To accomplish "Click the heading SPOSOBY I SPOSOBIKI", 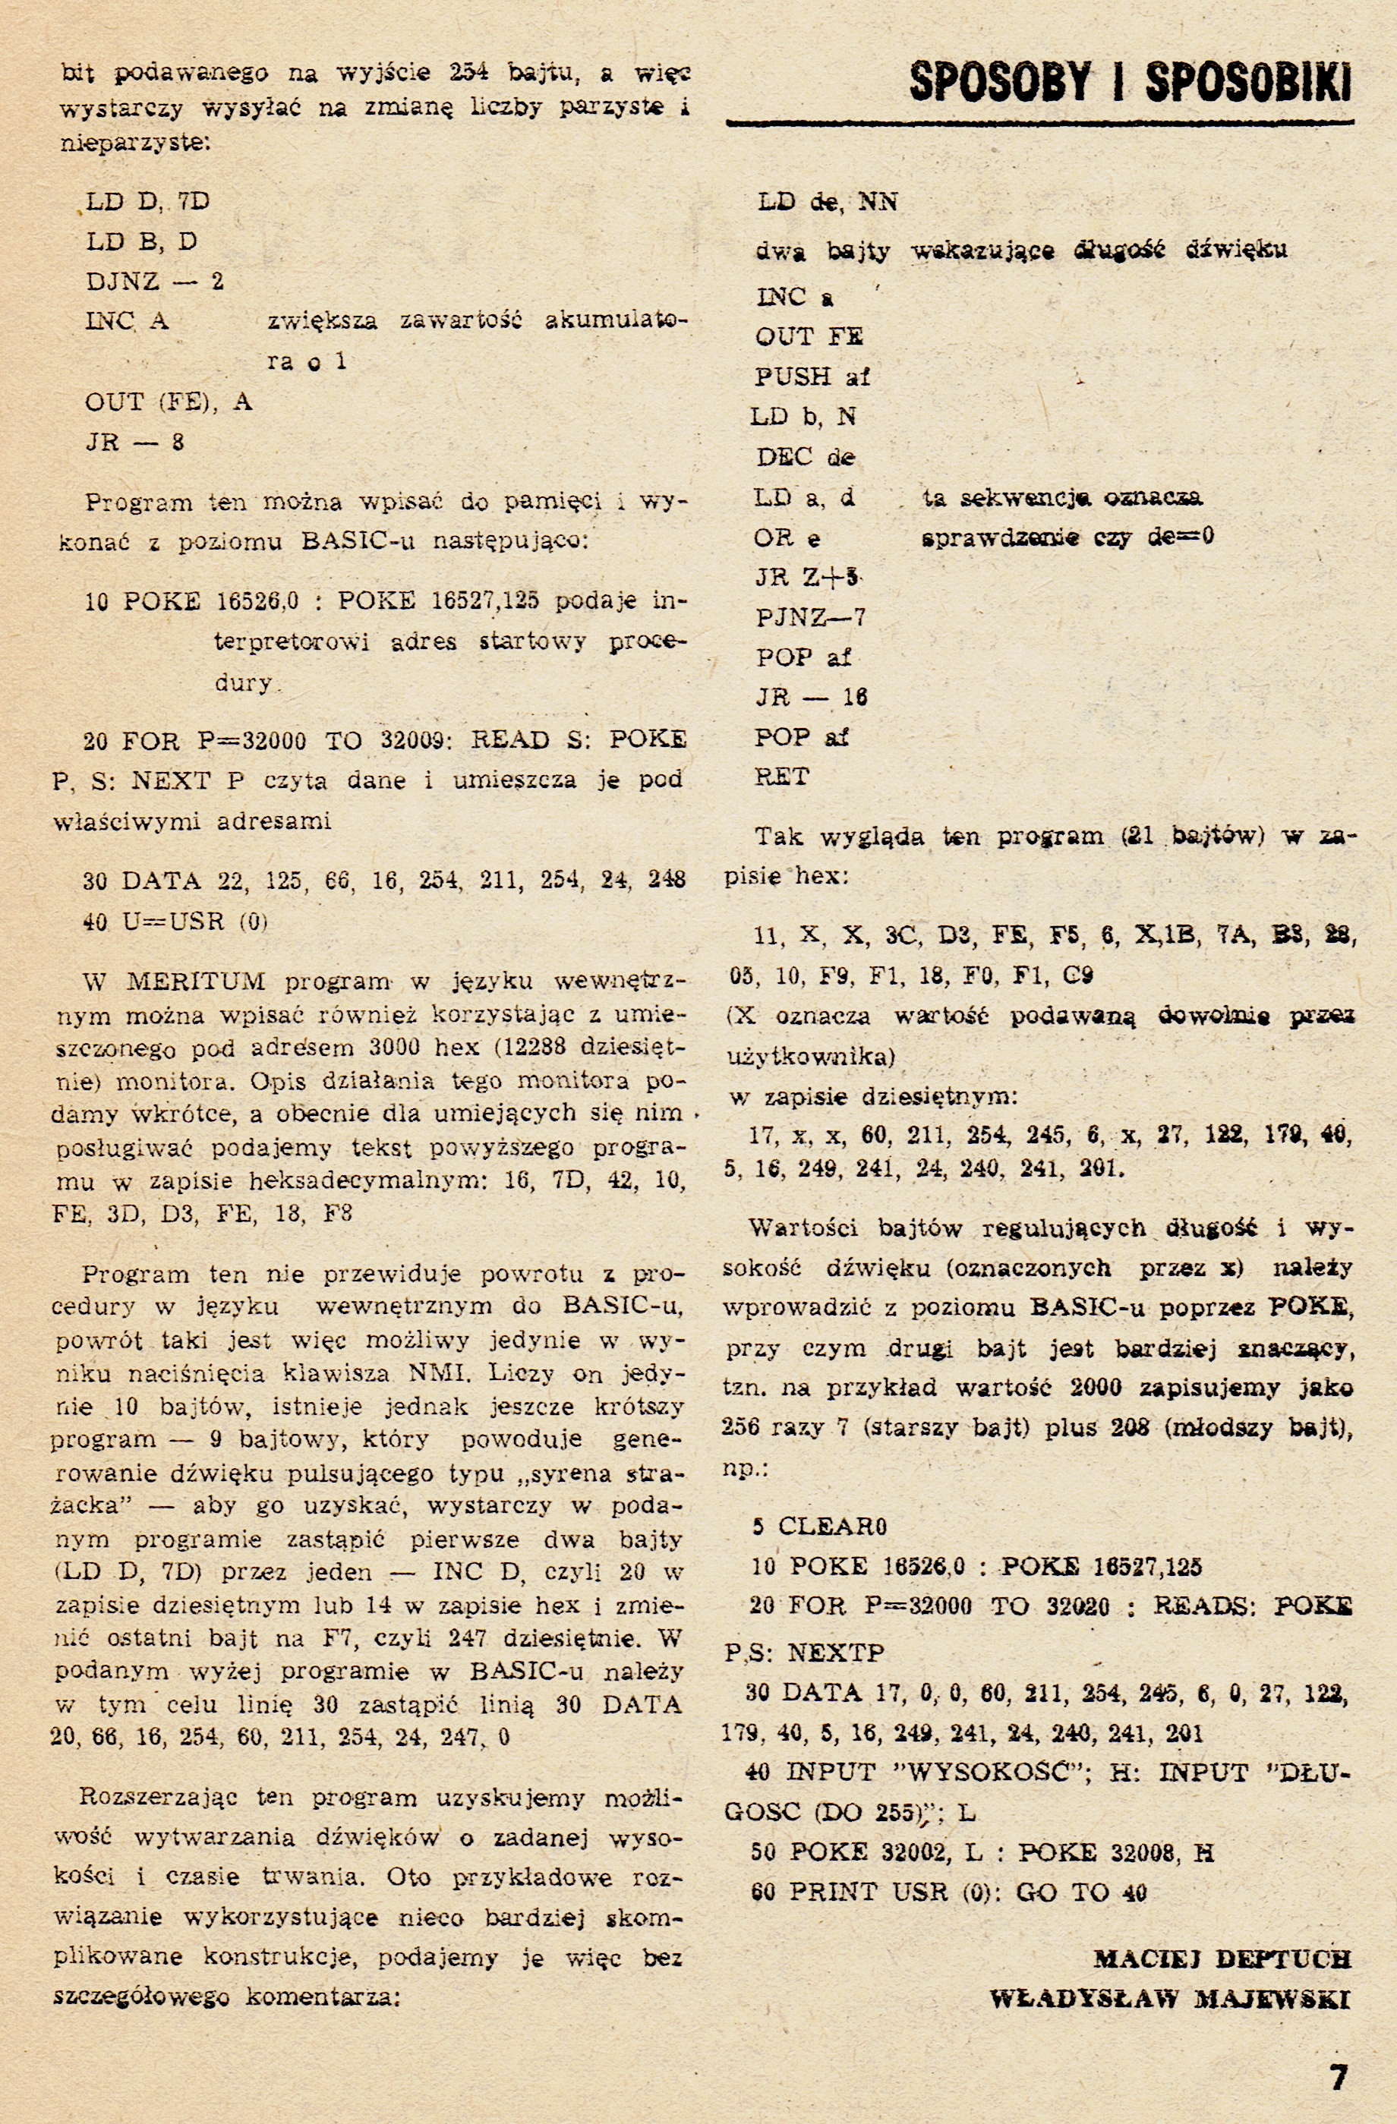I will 1130,82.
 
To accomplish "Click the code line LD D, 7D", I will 148,201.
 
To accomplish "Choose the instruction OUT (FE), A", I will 169,402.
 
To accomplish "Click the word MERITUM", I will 195,982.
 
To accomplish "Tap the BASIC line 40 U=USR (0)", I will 176,921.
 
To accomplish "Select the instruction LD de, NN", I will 828,203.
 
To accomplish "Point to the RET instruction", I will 782,777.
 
